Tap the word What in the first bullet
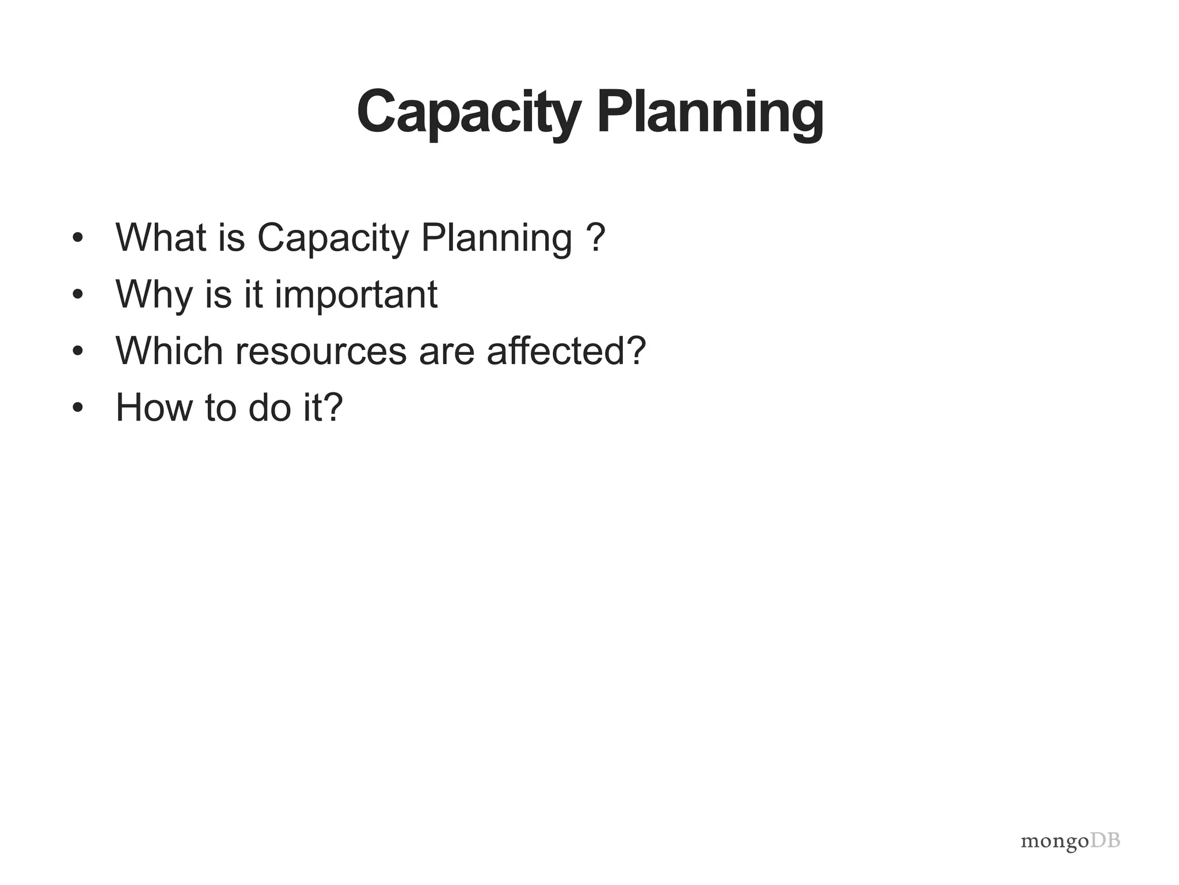161,237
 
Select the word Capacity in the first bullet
332,238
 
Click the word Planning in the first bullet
496,238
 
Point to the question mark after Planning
596,237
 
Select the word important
355,295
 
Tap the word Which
169,350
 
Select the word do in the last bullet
269,407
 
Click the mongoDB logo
1070,842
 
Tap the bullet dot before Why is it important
78,295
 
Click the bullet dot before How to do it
78,408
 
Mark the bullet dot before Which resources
78,351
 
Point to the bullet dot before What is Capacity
78,238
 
